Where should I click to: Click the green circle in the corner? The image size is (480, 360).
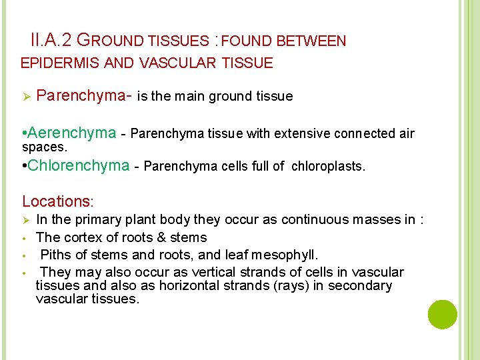(x=443, y=314)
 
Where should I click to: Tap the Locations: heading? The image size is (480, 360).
(x=59, y=201)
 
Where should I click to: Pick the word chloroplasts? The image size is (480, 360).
(x=328, y=166)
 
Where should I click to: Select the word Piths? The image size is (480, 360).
(x=56, y=254)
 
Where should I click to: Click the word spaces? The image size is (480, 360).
(x=45, y=146)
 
